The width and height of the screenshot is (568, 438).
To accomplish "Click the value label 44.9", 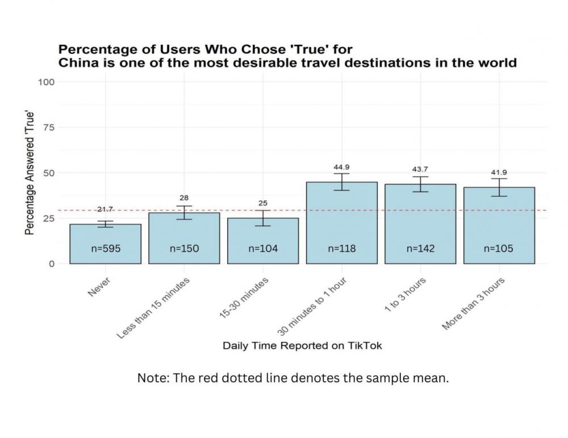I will pyautogui.click(x=341, y=167).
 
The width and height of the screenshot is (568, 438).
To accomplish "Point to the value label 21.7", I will pyautogui.click(x=105, y=210).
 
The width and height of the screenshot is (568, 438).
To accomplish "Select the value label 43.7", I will pyautogui.click(x=420, y=169).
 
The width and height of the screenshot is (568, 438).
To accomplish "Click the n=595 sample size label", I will pyautogui.click(x=106, y=248).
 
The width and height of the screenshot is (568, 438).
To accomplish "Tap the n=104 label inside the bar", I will pyautogui.click(x=263, y=248).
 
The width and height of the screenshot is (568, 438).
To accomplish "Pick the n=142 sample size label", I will pyautogui.click(x=420, y=248).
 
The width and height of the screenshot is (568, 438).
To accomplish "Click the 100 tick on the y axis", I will pyautogui.click(x=47, y=82).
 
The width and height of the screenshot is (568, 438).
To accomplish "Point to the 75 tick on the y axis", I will pyautogui.click(x=49, y=127).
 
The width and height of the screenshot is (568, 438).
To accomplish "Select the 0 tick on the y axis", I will pyautogui.click(x=51, y=264).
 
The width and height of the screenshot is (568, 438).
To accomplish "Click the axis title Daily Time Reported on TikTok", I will pyautogui.click(x=302, y=345).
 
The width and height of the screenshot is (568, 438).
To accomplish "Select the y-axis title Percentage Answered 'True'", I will pyautogui.click(x=30, y=173).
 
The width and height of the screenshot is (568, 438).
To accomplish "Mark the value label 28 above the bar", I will pyautogui.click(x=184, y=198).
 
